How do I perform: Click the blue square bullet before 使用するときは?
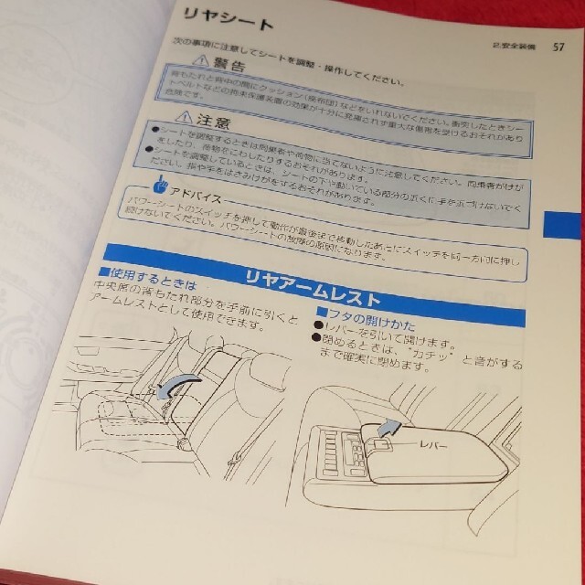click(103, 273)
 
